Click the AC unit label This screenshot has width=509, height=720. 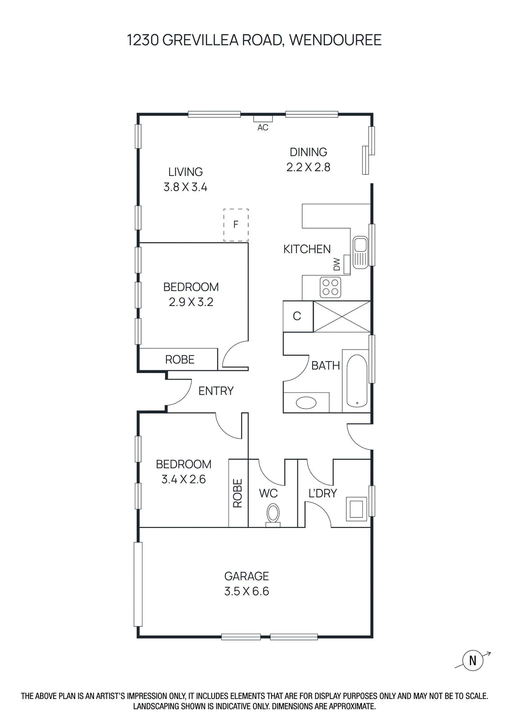click(x=263, y=128)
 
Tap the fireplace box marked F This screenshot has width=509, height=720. click(x=236, y=225)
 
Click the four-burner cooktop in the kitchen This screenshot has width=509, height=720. click(x=330, y=288)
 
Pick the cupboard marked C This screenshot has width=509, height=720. click(x=297, y=316)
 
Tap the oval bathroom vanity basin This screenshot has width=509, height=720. click(x=306, y=402)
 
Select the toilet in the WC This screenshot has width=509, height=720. click(x=273, y=514)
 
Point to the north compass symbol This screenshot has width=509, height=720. click(x=473, y=661)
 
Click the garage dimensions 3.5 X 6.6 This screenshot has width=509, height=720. click(x=246, y=591)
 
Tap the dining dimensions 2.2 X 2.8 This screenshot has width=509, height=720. click(x=308, y=167)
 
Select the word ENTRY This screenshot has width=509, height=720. click(x=216, y=391)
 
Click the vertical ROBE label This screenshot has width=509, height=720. click(x=238, y=493)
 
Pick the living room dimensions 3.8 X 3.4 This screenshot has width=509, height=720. click(x=185, y=187)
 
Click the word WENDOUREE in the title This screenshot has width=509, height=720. click(x=335, y=40)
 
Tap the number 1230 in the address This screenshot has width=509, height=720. click(x=143, y=40)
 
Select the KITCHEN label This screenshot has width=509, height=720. click(x=307, y=249)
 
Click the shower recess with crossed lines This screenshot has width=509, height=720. click(x=342, y=316)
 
